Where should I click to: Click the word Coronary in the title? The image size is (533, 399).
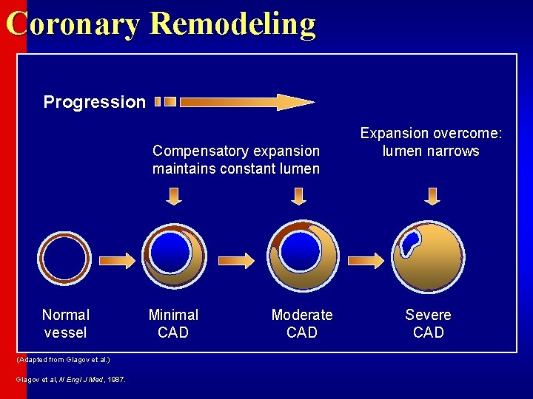[x=73, y=24]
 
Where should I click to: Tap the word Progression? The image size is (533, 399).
[x=94, y=102]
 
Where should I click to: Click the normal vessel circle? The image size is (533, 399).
[x=65, y=259]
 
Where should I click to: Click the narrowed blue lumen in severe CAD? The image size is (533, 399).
[x=408, y=241]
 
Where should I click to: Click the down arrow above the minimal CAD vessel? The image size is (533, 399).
[x=173, y=196]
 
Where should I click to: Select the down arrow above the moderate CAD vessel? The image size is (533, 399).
[x=298, y=196]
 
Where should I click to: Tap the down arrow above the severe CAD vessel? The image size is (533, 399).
[x=432, y=196]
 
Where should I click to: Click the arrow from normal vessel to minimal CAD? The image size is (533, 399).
[x=118, y=259]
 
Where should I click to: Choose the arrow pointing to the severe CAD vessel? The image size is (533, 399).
[x=366, y=259]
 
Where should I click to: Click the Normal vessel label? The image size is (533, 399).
[x=65, y=324]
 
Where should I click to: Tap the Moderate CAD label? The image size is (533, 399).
[x=302, y=324]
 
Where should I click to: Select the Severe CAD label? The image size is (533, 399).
[x=428, y=324]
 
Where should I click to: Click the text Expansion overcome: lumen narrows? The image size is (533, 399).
[x=431, y=142]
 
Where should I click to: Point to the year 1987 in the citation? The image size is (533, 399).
[x=115, y=380]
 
